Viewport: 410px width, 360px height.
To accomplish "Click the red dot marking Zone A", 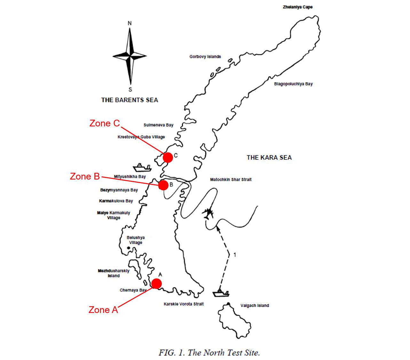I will click(x=157, y=284).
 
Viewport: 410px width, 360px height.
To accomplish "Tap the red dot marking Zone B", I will click(x=163, y=185).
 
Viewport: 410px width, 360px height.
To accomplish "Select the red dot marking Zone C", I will click(x=168, y=157).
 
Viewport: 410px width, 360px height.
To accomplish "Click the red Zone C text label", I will click(x=105, y=123).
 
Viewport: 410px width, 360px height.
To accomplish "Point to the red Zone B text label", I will click(x=85, y=176).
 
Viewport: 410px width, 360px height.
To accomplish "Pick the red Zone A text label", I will click(x=103, y=310).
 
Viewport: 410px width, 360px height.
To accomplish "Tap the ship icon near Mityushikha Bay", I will click(x=142, y=167).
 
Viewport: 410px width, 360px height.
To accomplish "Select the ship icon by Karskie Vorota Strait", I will click(x=221, y=293).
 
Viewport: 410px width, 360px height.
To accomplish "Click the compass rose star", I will click(x=130, y=56).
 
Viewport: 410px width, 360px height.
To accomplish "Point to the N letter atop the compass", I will click(x=130, y=23).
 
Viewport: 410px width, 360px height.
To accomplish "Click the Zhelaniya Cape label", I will click(x=297, y=7).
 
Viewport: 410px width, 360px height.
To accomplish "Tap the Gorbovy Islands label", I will click(x=205, y=57).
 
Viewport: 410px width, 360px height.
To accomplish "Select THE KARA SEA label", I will click(x=269, y=157).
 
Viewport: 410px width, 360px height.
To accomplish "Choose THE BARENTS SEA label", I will click(x=130, y=100).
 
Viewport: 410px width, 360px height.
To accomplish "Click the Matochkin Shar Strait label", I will click(x=231, y=180).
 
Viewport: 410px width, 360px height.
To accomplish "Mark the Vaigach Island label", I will click(x=255, y=306).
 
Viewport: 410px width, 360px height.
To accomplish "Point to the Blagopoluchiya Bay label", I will click(x=293, y=84).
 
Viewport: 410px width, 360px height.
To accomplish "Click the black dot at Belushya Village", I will click(x=129, y=248).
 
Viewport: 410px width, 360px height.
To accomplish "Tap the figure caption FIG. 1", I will click(x=209, y=353).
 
